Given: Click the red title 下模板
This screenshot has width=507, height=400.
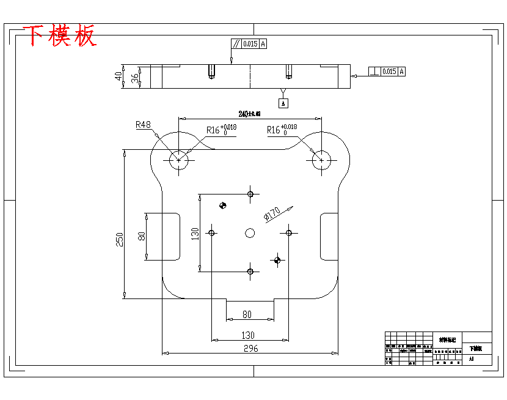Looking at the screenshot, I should click(x=60, y=37).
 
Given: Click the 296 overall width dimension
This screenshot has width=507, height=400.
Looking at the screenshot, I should click(x=250, y=349).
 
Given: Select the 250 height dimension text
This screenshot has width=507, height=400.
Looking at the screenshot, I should click(x=120, y=239).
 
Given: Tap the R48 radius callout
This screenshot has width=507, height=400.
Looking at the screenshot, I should click(x=143, y=125).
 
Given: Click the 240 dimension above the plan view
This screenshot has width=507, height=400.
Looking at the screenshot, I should click(x=249, y=114).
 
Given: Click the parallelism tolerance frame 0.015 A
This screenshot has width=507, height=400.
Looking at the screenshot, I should click(x=249, y=44).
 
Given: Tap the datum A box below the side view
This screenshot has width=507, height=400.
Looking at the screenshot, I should click(x=283, y=103).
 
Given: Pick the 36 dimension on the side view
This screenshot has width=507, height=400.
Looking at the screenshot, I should click(x=134, y=78).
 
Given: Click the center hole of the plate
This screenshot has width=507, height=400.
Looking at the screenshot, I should click(x=250, y=232).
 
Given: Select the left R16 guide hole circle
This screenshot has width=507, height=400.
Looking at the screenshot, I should click(x=178, y=160).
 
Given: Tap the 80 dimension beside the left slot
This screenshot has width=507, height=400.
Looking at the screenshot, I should click(x=141, y=237).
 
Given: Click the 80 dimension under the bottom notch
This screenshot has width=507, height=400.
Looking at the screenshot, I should click(x=247, y=314).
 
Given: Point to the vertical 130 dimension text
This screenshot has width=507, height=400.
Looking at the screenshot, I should click(x=195, y=233).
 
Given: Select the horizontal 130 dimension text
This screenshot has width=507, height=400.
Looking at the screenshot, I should click(x=248, y=335).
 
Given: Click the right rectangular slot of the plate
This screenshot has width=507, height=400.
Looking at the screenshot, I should click(x=329, y=236).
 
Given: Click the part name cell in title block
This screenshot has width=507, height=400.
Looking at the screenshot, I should click(x=476, y=348).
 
